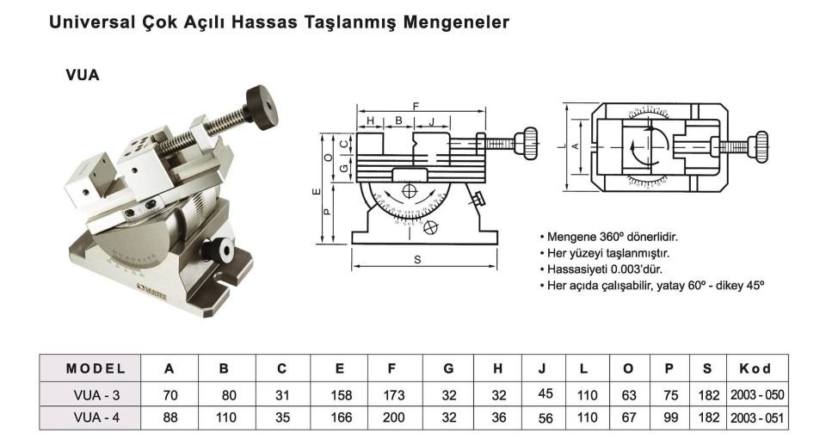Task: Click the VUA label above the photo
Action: [83, 75]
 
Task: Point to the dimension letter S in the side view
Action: [416, 259]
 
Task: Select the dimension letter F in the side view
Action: [416, 105]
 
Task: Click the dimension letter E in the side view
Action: [316, 190]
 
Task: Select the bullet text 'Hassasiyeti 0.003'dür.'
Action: [603, 269]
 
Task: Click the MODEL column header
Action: [96, 368]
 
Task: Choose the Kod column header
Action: [755, 368]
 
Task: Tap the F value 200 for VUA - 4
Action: [391, 418]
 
